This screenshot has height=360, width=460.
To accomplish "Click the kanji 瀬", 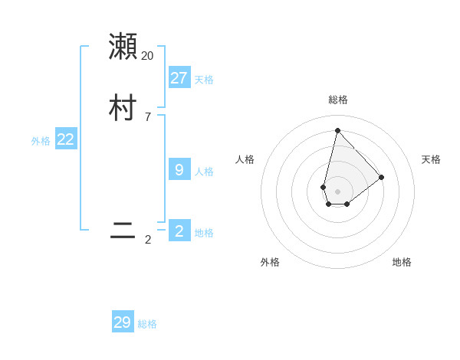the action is tap(123, 46).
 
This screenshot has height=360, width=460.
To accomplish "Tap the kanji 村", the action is tap(123, 108).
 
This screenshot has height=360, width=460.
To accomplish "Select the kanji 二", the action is tap(123, 231).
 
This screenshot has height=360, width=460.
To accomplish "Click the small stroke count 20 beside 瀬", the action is tap(147, 56).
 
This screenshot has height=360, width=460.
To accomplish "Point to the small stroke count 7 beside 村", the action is tap(147, 117).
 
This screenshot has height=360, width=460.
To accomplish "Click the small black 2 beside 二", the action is tap(147, 240).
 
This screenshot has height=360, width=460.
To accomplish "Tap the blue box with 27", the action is tap(179, 77).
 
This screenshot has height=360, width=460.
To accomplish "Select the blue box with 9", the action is tap(179, 169).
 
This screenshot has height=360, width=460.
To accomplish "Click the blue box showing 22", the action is tap(65, 139).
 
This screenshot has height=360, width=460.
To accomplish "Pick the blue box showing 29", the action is tap(123, 322).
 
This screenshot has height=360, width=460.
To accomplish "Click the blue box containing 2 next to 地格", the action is tap(179, 231).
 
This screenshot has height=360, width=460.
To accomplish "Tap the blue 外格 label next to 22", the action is tap(41, 141).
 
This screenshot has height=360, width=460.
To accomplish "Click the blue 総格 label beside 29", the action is tap(147, 325).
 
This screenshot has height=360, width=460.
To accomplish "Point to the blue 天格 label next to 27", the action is tap(204, 80).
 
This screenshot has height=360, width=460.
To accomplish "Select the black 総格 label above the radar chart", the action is tap(337, 100).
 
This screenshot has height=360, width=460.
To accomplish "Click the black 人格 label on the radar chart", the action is tap(245, 159).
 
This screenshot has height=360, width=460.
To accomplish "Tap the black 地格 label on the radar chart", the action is tap(402, 262).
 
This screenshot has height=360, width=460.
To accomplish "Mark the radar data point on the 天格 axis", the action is tap(381, 177).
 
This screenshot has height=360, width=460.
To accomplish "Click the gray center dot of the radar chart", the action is tap(337, 191).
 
